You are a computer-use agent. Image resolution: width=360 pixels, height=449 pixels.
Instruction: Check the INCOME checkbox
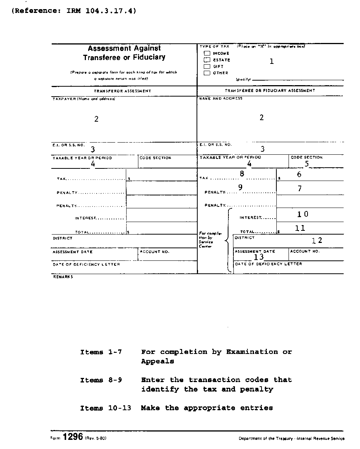(x=207, y=53)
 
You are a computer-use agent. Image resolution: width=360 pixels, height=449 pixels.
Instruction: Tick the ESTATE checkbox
(x=207, y=60)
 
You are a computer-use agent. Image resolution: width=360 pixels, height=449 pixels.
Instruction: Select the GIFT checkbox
(x=207, y=66)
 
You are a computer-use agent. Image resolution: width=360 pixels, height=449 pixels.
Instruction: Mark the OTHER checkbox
(x=207, y=73)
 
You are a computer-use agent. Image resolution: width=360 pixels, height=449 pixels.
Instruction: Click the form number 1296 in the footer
(x=73, y=437)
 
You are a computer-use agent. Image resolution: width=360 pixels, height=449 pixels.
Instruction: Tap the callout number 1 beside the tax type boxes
(x=271, y=61)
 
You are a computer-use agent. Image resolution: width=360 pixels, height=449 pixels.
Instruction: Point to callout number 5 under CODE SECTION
(x=306, y=165)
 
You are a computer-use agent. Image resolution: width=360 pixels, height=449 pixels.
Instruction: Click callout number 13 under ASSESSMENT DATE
(x=259, y=257)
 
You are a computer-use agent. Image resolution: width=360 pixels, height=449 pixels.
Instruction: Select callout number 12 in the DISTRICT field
(x=317, y=240)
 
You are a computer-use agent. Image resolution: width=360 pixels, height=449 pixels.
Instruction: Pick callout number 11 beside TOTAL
(x=300, y=228)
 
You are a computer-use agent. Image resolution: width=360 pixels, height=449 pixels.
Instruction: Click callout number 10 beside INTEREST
(x=303, y=214)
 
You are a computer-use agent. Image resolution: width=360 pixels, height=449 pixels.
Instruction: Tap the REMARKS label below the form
(x=63, y=277)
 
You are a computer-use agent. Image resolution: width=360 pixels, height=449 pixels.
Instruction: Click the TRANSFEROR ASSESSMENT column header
(x=123, y=91)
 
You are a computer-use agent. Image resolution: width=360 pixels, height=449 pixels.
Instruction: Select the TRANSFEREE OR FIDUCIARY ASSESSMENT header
(x=270, y=91)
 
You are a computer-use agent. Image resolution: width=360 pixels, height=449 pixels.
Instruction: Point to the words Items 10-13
(x=105, y=408)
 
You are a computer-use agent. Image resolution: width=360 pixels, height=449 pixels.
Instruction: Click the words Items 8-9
(x=101, y=380)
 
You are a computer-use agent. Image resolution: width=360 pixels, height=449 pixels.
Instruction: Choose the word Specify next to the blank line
(x=243, y=79)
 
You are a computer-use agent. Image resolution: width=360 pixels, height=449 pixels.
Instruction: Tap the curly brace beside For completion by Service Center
(x=228, y=240)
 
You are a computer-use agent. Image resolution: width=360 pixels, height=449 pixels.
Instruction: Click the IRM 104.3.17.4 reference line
(x=74, y=11)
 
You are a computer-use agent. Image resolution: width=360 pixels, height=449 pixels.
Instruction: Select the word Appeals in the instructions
(x=157, y=362)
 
